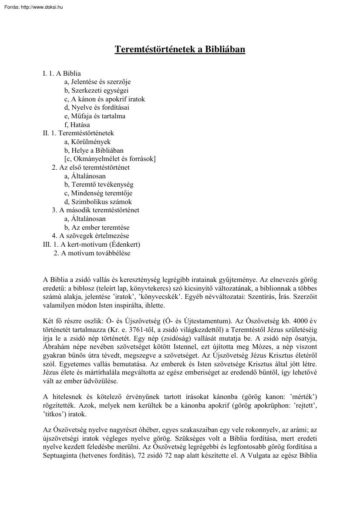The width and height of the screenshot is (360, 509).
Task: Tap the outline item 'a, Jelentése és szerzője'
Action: click(x=97, y=82)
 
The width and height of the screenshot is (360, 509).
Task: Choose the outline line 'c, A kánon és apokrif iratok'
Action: click(x=104, y=99)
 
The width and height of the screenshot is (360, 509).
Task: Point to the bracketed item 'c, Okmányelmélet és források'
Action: click(x=110, y=159)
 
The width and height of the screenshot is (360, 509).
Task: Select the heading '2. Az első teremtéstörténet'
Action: click(x=91, y=167)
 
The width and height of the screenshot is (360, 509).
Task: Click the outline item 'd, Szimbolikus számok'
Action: click(x=98, y=202)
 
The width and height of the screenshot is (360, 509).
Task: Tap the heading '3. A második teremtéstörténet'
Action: click(x=95, y=210)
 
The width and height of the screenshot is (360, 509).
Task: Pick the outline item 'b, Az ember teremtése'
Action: click(x=97, y=228)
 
